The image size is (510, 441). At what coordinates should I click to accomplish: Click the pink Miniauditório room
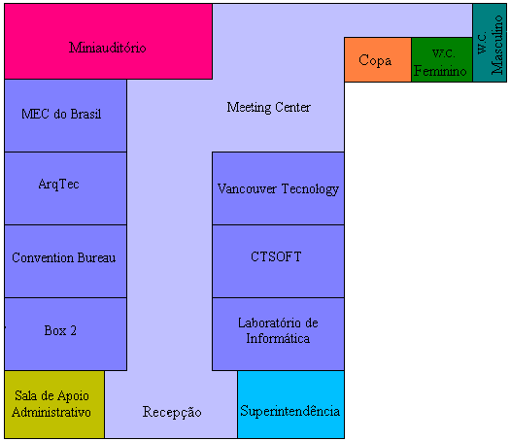108,42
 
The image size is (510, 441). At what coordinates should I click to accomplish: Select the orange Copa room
378,59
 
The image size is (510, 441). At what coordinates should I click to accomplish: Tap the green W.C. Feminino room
442,59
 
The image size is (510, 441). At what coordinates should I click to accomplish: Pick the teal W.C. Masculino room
490,43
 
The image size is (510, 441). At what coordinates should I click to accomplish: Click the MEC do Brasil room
65,116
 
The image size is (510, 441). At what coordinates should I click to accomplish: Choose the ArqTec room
65,188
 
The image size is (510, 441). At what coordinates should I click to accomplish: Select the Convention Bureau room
65,261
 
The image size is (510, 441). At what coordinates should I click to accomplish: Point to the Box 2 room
65,334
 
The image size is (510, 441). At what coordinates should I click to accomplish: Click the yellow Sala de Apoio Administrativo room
54,404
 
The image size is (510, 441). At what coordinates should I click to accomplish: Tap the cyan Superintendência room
290,404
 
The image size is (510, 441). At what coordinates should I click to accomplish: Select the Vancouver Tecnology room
278,188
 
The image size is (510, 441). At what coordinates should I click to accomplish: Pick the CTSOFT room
278,261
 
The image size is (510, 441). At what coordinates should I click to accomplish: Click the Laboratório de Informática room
278,334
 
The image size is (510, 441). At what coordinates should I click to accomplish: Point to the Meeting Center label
269,107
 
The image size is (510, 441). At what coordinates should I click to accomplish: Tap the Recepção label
172,413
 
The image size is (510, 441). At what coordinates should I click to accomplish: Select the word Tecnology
310,189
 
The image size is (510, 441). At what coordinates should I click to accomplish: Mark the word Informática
278,338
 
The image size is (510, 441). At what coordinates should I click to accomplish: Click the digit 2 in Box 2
73,330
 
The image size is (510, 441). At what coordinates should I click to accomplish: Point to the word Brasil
85,114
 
